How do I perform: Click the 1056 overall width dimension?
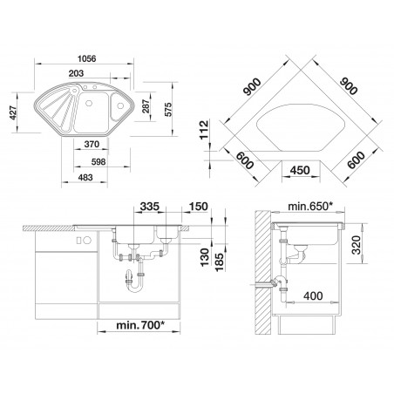87,58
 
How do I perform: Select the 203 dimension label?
76,73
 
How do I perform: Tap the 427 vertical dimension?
13,112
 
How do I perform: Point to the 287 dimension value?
146,106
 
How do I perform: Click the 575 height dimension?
168,109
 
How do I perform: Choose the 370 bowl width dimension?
92,144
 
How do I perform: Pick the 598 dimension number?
98,161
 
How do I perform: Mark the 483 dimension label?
85,177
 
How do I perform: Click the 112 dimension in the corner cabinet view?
204,130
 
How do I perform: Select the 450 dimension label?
300,170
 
